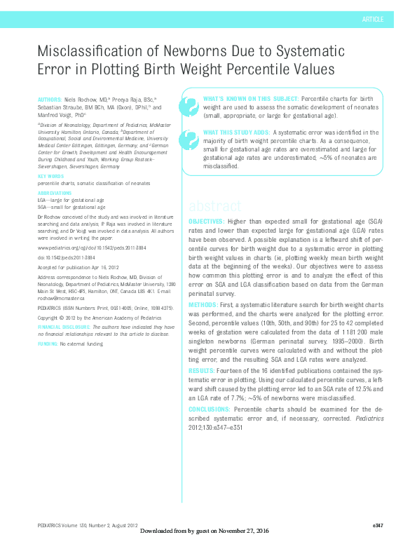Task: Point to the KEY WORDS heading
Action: (x=50, y=177)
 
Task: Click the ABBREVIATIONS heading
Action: (x=55, y=193)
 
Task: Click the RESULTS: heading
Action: (x=200, y=370)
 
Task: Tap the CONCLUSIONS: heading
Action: (x=210, y=407)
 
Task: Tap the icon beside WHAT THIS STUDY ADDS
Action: (x=188, y=140)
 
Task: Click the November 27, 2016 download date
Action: (x=236, y=540)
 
